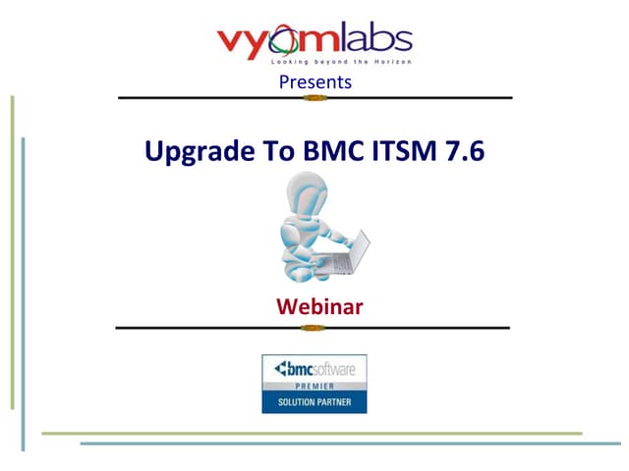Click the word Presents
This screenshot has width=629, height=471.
click(x=314, y=82)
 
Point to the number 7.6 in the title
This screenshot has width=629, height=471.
click(x=461, y=152)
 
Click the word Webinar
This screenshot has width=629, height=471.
click(x=319, y=306)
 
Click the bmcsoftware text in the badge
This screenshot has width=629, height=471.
click(x=314, y=370)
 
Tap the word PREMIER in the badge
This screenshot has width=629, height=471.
click(x=314, y=388)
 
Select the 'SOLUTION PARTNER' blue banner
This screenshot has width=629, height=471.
click(x=314, y=403)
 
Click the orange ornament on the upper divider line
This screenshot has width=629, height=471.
click(x=314, y=98)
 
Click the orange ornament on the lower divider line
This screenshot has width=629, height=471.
click(x=314, y=327)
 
